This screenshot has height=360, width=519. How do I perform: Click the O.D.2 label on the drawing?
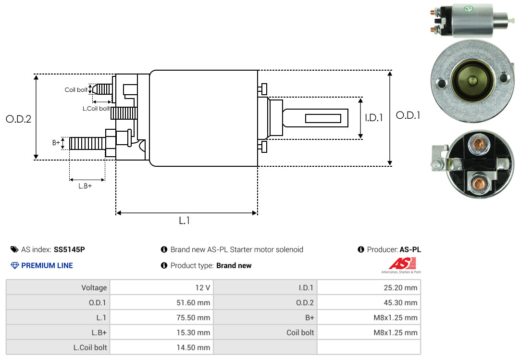click(19, 119)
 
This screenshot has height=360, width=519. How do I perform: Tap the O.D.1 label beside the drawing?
click(408, 115)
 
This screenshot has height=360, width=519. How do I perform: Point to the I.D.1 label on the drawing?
click(374, 118)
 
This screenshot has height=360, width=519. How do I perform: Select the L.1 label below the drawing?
click(185, 221)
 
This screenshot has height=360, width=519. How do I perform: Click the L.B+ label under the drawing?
click(85, 186)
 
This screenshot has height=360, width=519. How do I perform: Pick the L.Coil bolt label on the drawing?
click(96, 108)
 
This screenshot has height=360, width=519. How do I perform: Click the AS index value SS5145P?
click(69, 249)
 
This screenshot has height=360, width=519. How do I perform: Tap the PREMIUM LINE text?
click(47, 266)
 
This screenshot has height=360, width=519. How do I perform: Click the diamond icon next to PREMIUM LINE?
click(15, 266)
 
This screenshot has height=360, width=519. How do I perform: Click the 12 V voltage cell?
click(161, 287)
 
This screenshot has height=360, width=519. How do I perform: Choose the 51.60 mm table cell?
click(161, 302)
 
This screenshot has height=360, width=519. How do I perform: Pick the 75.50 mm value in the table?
click(193, 318)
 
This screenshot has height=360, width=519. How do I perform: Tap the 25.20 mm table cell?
click(369, 287)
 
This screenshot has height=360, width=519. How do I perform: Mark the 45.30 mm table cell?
click(369, 302)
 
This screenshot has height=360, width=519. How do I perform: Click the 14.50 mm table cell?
click(161, 348)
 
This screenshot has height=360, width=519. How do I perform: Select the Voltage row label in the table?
click(94, 287)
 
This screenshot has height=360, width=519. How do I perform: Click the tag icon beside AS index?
click(14, 249)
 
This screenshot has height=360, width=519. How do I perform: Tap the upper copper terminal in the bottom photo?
click(478, 145)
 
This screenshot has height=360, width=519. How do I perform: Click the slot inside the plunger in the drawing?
click(323, 118)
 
